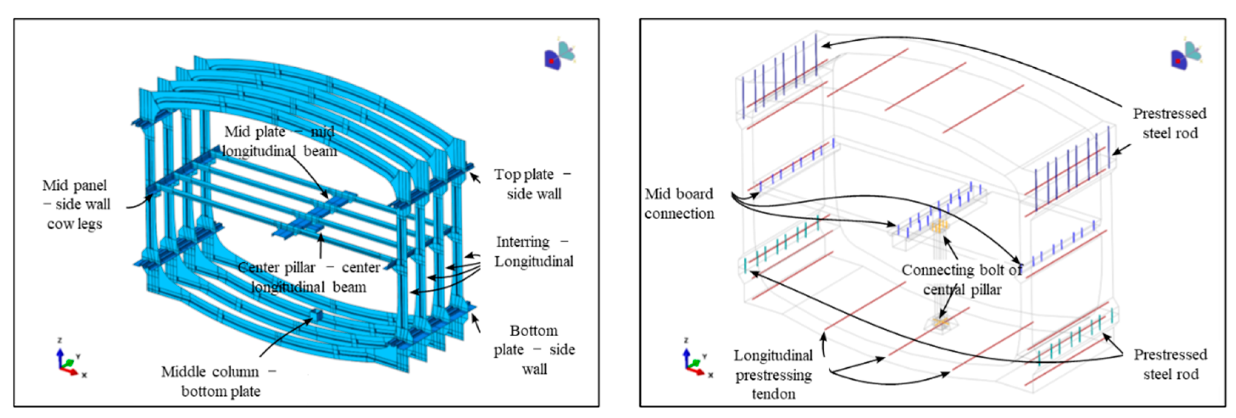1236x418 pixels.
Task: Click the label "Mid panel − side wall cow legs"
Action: coord(76,204)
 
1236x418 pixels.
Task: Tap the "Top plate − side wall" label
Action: coord(533,183)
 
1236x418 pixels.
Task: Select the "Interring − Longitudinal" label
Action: coord(533,251)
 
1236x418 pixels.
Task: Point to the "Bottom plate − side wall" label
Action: coord(534,350)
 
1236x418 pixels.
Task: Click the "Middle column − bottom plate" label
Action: coord(219,381)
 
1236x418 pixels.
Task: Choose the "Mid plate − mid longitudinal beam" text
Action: coord(280,141)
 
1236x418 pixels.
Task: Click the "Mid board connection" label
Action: coord(679,203)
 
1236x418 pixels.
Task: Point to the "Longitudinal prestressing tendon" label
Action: coord(773,374)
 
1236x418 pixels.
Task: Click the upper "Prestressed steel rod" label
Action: coord(1169,123)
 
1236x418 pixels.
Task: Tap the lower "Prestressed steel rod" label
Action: coord(1170,364)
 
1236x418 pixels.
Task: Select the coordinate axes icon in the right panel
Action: coord(697,358)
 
